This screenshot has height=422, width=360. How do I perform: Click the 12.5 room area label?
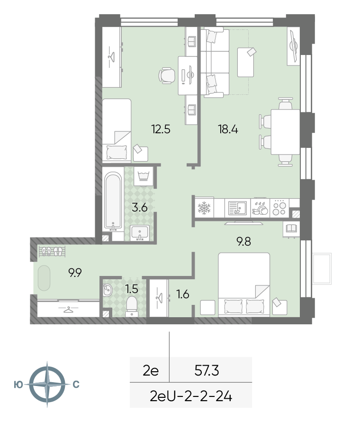point(161,129)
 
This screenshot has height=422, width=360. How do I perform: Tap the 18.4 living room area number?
point(228,129)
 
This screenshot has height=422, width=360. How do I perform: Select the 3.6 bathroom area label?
point(140,208)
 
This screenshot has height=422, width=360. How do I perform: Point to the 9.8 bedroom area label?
point(243,241)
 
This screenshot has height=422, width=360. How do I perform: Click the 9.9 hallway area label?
point(75,273)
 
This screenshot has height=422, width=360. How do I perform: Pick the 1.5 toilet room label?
point(132,289)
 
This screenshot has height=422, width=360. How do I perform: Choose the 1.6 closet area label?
point(183,294)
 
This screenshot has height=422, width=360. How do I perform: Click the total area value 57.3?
point(207,371)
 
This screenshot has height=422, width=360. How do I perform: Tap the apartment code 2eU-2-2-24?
point(191,396)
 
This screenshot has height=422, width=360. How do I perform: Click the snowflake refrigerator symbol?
point(204,208)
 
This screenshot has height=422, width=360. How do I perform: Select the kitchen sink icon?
point(237,208)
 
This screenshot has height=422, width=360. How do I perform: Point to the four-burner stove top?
point(279,208)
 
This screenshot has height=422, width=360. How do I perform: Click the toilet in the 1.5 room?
point(132,306)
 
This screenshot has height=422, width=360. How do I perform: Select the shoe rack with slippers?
point(52,251)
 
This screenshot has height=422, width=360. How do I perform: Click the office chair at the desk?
point(167,75)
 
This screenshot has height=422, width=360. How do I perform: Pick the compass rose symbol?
point(47,385)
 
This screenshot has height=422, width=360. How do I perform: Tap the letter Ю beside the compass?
point(18,385)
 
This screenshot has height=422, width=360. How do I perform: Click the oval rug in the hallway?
point(44,278)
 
